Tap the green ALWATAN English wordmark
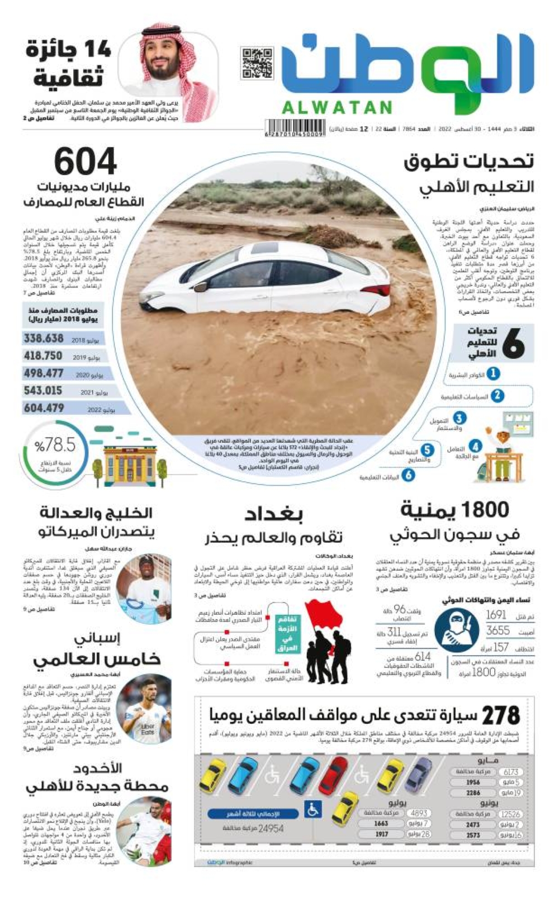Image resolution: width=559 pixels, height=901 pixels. (x=337, y=107)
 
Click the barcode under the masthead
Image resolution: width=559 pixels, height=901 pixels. (x=296, y=129)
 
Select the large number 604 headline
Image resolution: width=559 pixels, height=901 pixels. (x=86, y=162)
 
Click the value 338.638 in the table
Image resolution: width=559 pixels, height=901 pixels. (x=44, y=339)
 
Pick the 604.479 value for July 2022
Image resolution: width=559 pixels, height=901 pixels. (x=44, y=409)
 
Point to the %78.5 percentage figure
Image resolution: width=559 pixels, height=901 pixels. (x=55, y=445)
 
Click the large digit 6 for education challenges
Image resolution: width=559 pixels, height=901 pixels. (x=513, y=343)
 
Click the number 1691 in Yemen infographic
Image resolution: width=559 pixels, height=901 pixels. (x=496, y=615)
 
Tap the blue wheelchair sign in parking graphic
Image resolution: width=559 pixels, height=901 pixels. (x=313, y=809)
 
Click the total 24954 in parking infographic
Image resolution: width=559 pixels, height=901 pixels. (x=271, y=828)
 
